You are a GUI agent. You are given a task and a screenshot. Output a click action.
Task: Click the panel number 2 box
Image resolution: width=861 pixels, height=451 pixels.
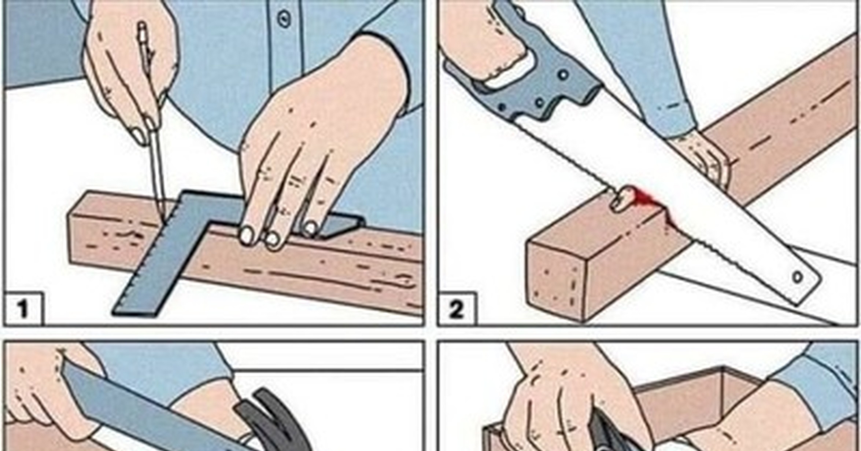coord(457,309)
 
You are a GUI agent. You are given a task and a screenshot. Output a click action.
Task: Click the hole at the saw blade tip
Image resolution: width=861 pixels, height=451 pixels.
coord(797,277)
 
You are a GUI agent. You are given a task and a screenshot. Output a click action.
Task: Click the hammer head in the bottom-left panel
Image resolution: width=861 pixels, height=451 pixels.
coord(271,422)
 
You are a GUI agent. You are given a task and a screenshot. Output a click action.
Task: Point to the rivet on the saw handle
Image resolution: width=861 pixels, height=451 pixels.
coord(563,75)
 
